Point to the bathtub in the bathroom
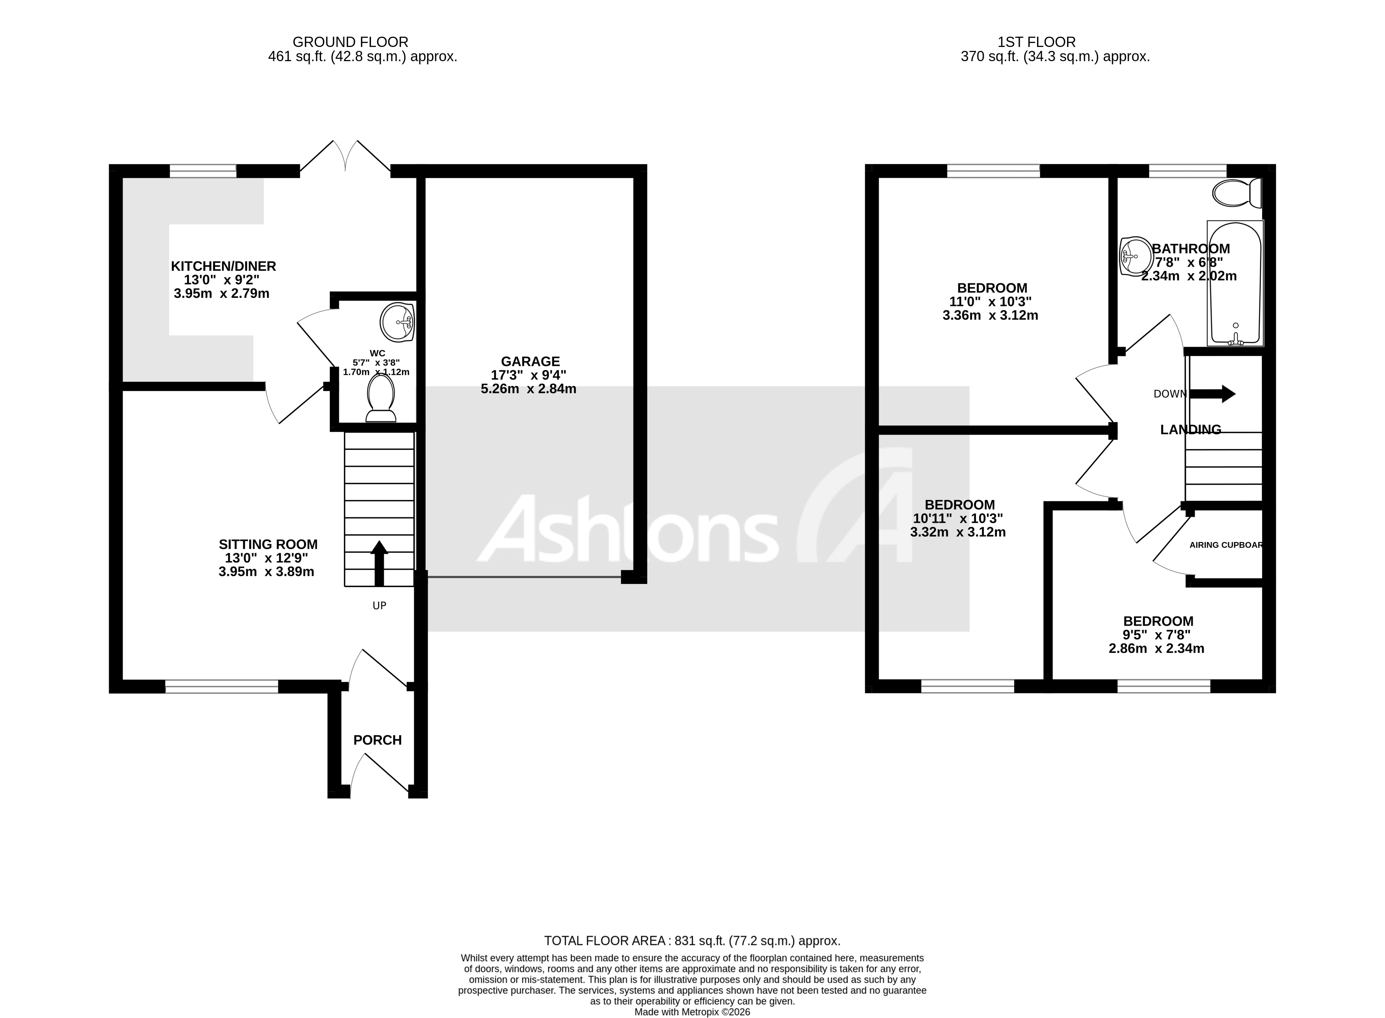point(1235,283)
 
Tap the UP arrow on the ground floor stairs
point(379,562)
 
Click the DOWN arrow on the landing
point(1212,394)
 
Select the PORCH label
point(378,740)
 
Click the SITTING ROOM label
point(268,545)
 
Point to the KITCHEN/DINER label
point(223,266)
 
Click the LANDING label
point(1190,430)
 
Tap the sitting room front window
point(222,687)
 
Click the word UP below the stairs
point(379,606)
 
